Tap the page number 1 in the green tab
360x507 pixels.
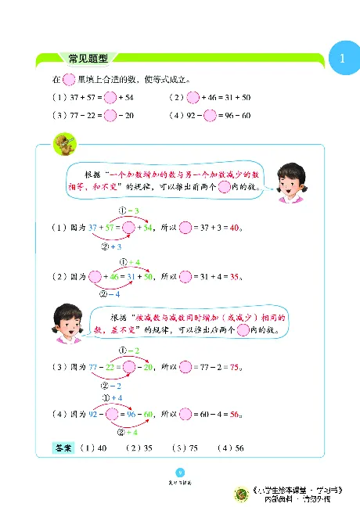[342, 59]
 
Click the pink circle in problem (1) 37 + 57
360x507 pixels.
[110, 98]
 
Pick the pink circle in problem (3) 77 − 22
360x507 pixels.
[110, 116]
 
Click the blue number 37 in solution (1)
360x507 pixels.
[94, 228]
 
